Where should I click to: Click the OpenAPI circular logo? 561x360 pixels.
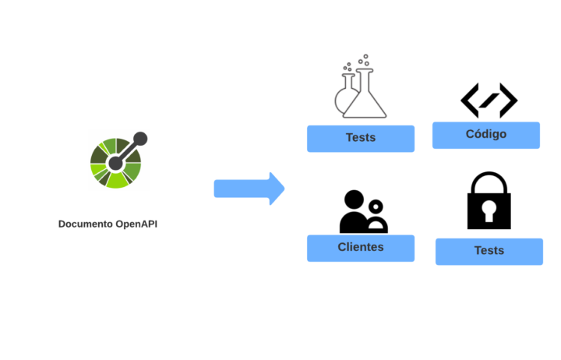[115, 163]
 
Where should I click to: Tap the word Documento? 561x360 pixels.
[85, 224]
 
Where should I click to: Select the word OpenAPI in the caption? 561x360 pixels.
[142, 224]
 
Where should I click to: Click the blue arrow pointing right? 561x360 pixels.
[249, 189]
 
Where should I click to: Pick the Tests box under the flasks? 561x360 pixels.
[360, 138]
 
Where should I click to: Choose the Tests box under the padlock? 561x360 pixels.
[489, 251]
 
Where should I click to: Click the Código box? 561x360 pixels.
[485, 134]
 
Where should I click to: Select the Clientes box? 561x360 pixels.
[360, 247]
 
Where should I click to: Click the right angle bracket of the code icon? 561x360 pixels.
[507, 100]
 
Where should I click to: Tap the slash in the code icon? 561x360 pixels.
[489, 100]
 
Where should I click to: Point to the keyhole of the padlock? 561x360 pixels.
[489, 210]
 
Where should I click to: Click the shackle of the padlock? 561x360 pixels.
[489, 182]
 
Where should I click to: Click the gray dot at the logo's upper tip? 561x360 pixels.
[141, 139]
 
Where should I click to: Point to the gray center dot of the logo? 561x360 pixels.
[115, 164]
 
